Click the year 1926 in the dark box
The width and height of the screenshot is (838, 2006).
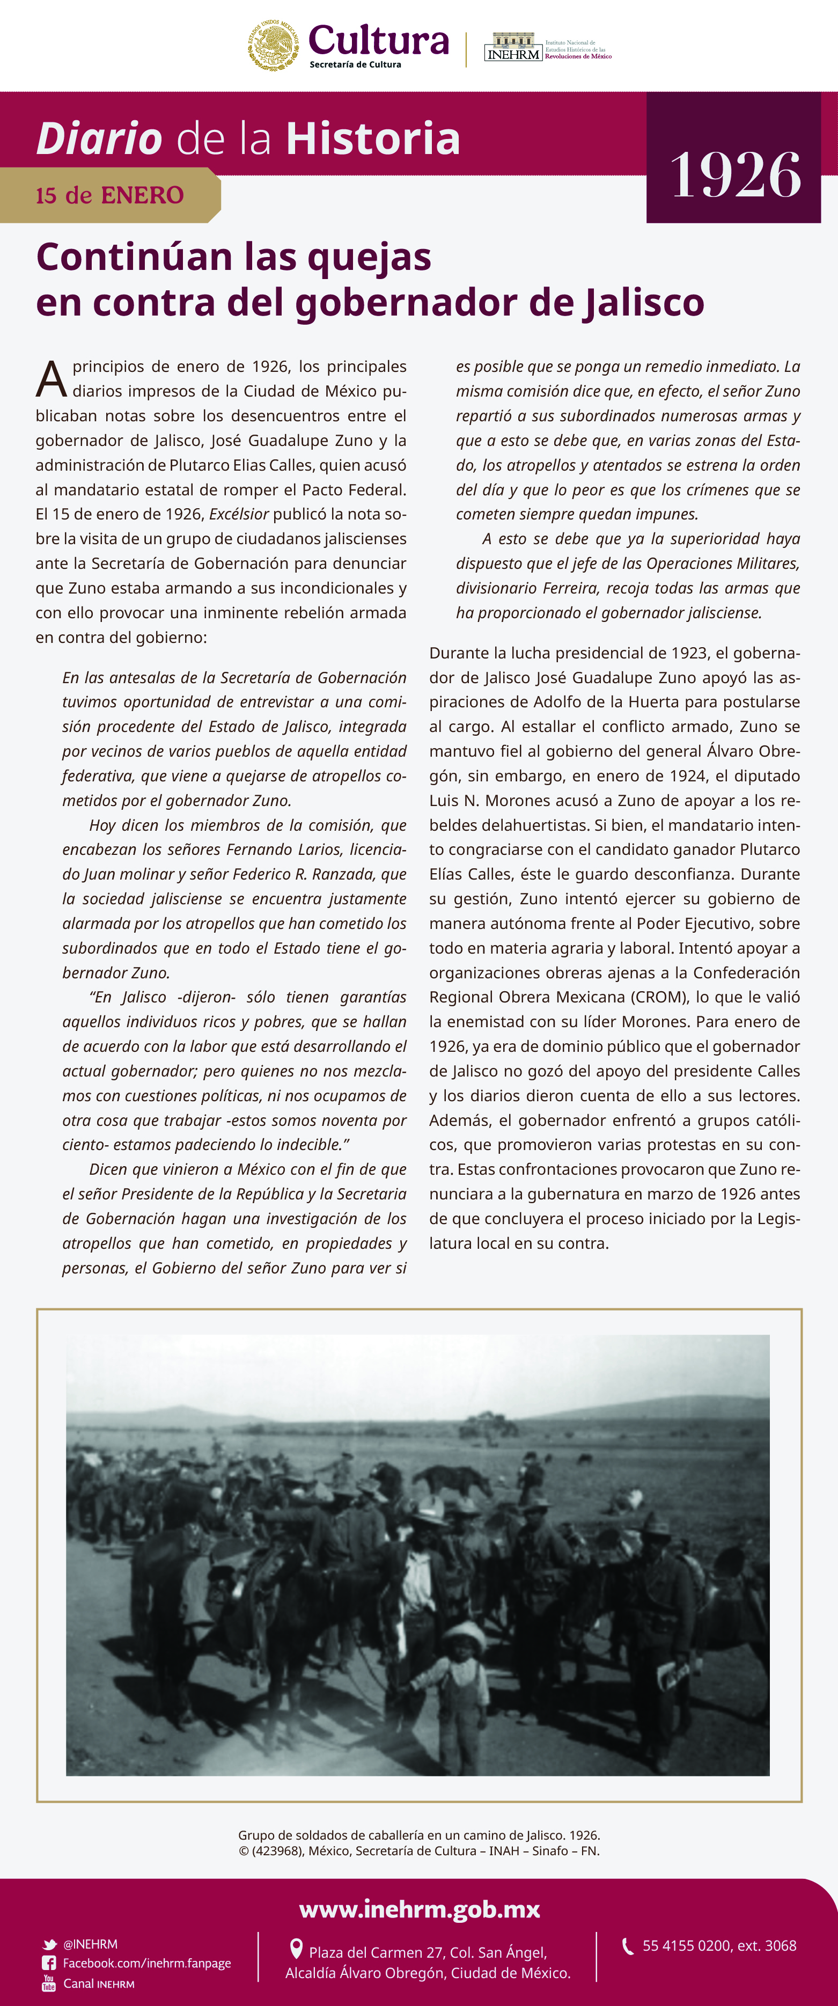click(x=734, y=175)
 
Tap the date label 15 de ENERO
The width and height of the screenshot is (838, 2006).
click(x=110, y=195)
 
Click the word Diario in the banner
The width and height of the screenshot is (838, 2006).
click(x=99, y=138)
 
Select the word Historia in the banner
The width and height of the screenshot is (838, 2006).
click(x=373, y=138)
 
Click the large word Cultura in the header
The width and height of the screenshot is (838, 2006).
click(x=379, y=40)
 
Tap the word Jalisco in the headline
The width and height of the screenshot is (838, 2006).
click(x=643, y=302)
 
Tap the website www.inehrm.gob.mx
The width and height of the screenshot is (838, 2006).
click(x=419, y=1909)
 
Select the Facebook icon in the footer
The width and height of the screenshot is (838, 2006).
click(x=49, y=1963)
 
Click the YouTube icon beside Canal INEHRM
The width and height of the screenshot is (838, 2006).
click(x=49, y=1983)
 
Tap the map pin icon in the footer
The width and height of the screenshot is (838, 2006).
click(x=296, y=1949)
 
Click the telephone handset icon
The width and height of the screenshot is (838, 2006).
click(x=627, y=1946)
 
